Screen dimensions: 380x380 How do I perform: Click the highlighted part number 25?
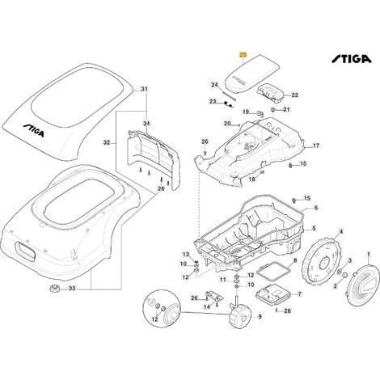coord(243,55)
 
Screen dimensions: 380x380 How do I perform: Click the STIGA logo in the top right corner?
coord(351,59)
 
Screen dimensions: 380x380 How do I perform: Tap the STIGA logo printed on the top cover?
coord(33,130)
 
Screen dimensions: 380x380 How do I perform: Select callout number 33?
coord(72,289)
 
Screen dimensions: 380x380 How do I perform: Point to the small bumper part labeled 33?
coord(54,288)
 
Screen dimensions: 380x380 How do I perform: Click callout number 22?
coord(295,95)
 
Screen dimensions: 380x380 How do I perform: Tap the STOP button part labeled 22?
coord(270,92)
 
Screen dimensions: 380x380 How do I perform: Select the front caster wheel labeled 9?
coord(240,315)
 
